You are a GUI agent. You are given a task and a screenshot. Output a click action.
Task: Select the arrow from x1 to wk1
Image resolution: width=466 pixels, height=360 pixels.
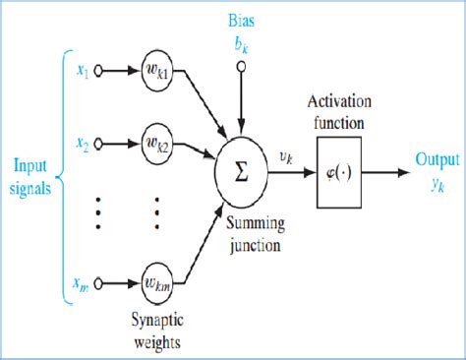point(120,72)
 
